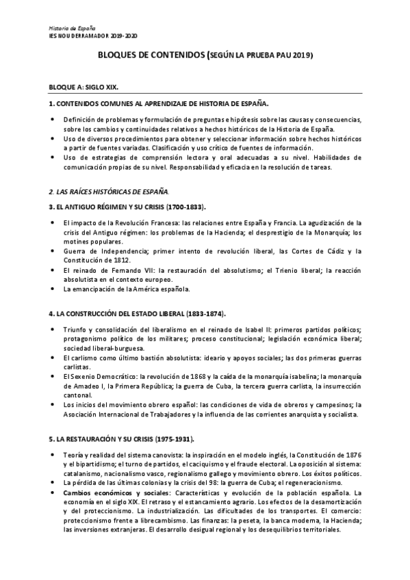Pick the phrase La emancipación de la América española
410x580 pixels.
point(126,289)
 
